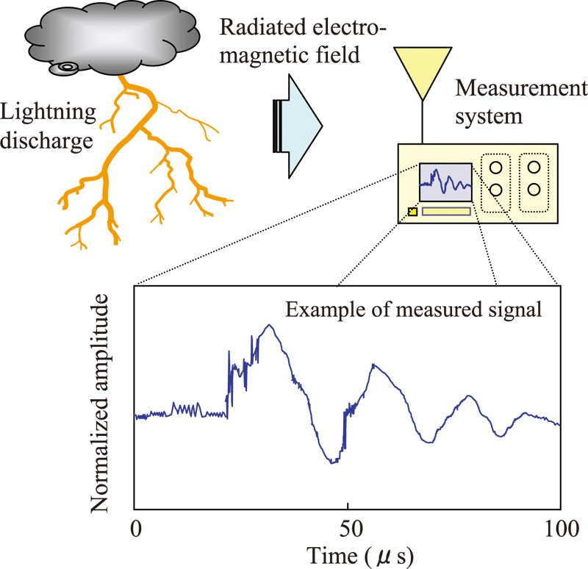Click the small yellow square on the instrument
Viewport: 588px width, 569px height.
pyautogui.click(x=412, y=212)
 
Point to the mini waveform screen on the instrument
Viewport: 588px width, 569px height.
pyautogui.click(x=445, y=182)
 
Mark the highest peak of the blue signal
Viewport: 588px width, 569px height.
pyautogui.click(x=271, y=326)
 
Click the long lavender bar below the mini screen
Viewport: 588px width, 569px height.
pyautogui.click(x=445, y=212)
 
